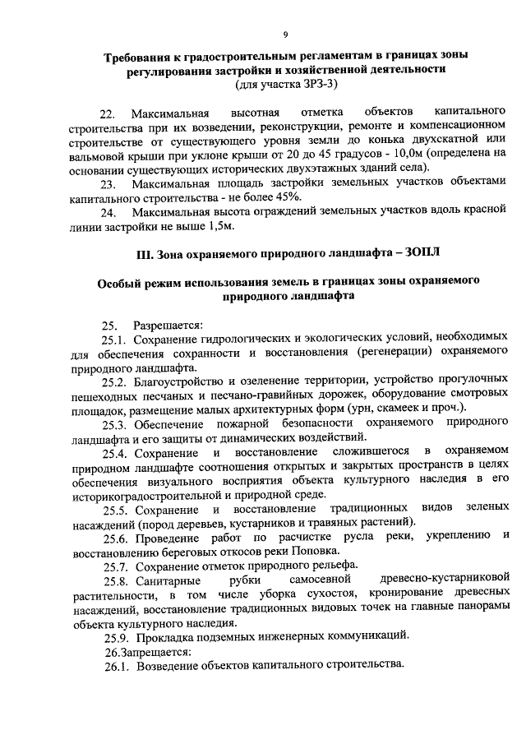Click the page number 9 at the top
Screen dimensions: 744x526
point(285,34)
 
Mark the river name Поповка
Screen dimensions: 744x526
point(314,550)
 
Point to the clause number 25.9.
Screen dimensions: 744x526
point(116,635)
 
